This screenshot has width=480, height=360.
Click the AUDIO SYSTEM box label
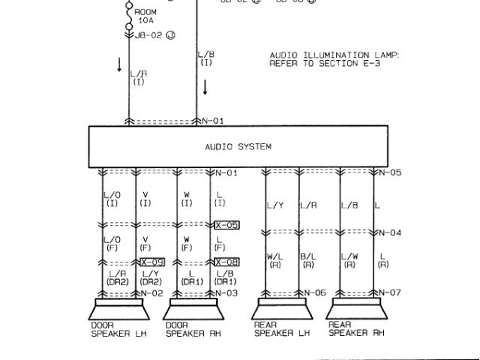238,147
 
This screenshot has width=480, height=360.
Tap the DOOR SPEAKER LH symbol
119,310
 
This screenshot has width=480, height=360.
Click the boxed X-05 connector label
226,225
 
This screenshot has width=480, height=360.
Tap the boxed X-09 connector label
152,262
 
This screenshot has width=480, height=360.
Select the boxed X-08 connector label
226,262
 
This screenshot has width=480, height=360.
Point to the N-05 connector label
390,173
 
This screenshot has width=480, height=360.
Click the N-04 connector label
390,232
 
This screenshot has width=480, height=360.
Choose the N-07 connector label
390,292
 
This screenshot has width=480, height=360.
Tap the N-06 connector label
316,292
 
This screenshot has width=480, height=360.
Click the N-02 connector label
152,292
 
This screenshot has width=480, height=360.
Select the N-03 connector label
226,292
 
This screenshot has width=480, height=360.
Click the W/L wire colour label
274,258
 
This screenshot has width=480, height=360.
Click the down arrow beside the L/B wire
204,86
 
